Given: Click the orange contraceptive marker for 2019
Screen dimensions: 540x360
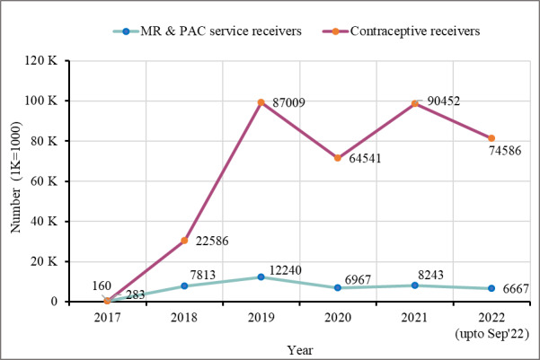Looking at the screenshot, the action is tap(261, 102).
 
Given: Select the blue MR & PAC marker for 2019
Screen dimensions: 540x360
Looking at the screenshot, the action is tap(261, 277).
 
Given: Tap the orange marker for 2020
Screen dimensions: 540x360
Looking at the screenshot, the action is tap(338, 158).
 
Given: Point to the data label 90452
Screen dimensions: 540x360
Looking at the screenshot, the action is tap(444, 101).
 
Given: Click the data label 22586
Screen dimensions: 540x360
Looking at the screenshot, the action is tap(212, 241).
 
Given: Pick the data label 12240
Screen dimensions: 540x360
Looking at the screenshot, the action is tap(285, 270).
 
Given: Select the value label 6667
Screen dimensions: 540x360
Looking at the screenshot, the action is tap(516, 289).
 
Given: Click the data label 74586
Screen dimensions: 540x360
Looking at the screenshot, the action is tap(505, 151).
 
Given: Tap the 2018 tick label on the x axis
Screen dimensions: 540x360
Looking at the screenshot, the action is tap(184, 317).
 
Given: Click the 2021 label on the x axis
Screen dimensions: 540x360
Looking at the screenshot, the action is tap(414, 317).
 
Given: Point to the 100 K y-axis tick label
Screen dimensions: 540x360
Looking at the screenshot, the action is tap(41, 101).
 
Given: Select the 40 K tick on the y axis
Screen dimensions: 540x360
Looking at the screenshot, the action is tap(44, 222).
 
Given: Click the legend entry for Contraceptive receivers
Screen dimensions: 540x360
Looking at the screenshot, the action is tap(401, 31).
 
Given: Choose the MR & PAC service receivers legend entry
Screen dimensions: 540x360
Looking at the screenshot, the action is tap(208, 31).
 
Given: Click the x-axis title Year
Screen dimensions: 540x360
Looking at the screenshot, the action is tap(300, 350).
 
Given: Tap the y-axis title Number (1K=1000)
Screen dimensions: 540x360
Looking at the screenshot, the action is tap(16, 177).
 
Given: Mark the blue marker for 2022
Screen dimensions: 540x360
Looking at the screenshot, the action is tap(491, 288).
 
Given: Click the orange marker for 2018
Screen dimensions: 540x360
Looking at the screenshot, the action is tap(184, 241).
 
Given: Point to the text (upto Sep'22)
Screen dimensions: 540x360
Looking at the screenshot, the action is tap(491, 333).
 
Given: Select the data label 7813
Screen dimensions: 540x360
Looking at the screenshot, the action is tap(202, 275).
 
